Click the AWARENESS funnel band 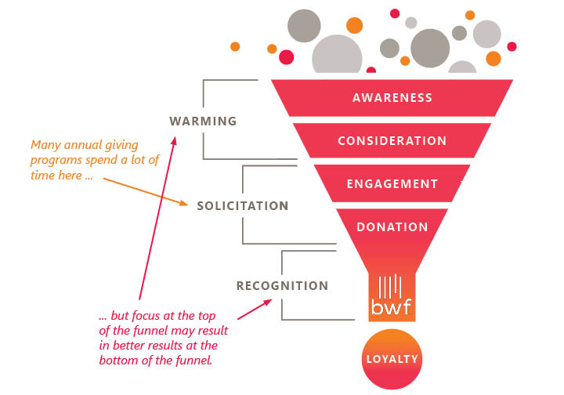coord(392,98)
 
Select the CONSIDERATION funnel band coord(392,141)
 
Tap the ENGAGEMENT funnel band coord(392,184)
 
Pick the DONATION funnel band coord(392,227)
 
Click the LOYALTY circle coord(392,360)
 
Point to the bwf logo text coord(392,304)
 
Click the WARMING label coord(203,121)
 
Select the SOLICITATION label coord(243,206)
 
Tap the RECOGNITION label coord(282,286)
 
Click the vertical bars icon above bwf coord(391,283)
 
